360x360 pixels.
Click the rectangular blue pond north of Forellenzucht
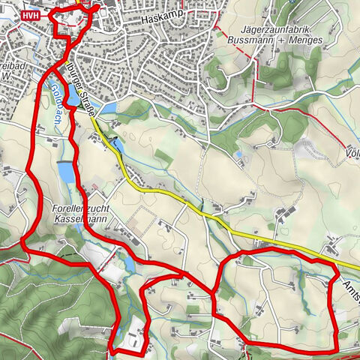click(x=64, y=173)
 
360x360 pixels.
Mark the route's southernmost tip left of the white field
click(x=112, y=350)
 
